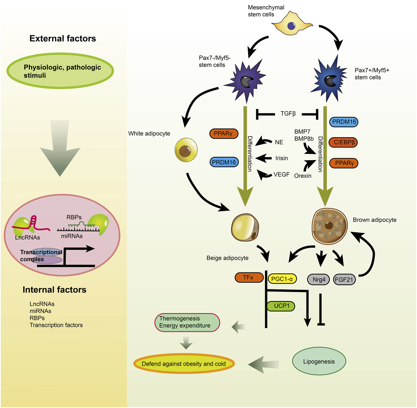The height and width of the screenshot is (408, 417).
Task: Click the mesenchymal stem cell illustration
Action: [291, 25]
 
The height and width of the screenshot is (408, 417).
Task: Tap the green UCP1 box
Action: [281, 306]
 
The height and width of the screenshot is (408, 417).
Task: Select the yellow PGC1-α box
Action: [282, 279]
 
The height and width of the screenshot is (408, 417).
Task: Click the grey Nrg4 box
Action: [319, 280]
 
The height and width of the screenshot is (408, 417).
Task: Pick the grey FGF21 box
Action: [344, 280]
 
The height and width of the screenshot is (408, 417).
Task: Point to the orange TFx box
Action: [249, 278]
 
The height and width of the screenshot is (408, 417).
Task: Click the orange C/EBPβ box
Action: [344, 142]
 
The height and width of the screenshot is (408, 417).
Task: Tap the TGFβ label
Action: [288, 114]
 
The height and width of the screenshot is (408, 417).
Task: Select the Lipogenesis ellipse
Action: [319, 361]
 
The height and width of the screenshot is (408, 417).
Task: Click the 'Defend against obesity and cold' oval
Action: [184, 364]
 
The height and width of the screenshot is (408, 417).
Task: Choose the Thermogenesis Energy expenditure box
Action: [187, 322]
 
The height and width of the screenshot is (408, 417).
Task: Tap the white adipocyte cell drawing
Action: [186, 150]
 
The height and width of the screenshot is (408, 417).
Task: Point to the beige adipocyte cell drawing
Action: [245, 227]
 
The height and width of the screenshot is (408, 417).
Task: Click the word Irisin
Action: [281, 158]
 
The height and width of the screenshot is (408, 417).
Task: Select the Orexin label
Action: [303, 176]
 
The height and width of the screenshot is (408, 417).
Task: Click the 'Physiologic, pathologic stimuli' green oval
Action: [60, 71]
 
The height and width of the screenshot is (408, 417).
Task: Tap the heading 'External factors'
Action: [63, 39]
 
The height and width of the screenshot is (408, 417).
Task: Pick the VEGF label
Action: [281, 175]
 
